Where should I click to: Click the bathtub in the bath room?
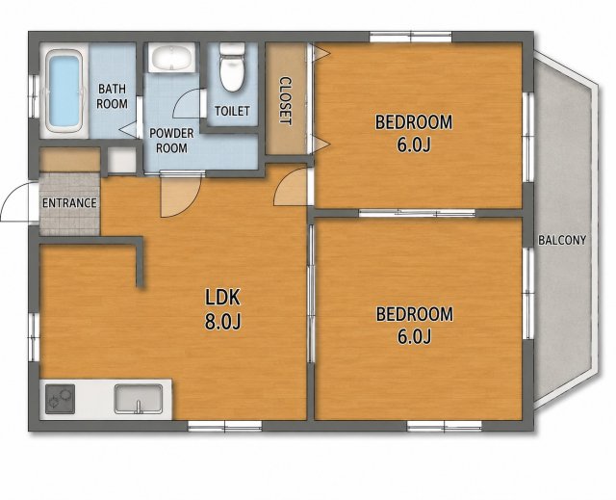64,92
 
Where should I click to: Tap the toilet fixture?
232,67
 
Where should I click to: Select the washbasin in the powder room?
171,58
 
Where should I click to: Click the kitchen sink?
139,399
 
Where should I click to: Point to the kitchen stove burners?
60,399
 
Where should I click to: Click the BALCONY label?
562,240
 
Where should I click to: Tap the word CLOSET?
286,101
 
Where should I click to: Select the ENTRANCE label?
69,203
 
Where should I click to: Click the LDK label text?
222,297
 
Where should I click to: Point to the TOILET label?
232,111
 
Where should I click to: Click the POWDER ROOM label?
171,141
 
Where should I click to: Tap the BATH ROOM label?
112,96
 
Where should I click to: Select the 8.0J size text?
222,322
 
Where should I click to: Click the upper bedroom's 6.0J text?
414,145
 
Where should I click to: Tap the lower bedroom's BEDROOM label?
415,314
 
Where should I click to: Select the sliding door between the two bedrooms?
417,214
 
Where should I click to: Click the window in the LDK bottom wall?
224,426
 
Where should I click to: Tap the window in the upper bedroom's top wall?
411,37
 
